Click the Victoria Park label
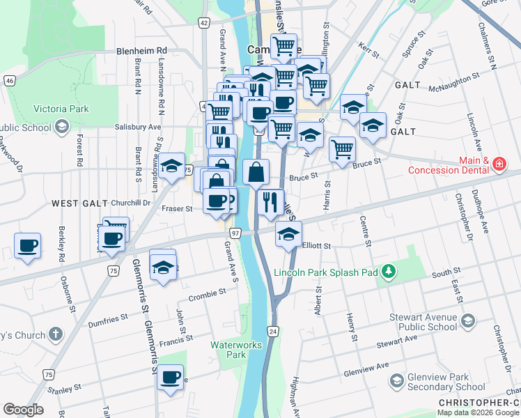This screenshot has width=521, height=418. (x=61, y=109)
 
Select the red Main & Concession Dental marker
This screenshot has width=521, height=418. (x=499, y=164)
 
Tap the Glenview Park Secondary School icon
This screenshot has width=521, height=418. (x=397, y=380)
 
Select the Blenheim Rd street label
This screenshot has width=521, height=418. (x=142, y=51)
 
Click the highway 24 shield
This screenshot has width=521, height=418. (x=272, y=330)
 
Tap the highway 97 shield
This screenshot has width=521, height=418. (x=235, y=232)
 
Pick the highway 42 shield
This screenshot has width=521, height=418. (x=203, y=23)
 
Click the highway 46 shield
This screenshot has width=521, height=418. (x=9, y=81)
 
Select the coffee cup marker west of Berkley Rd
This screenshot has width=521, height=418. (x=27, y=246)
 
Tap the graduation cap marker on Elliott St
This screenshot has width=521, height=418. (x=288, y=235)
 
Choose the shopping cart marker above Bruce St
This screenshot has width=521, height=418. (x=341, y=149)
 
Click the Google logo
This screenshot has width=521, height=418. (x=24, y=410)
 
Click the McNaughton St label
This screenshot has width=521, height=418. (x=453, y=88)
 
